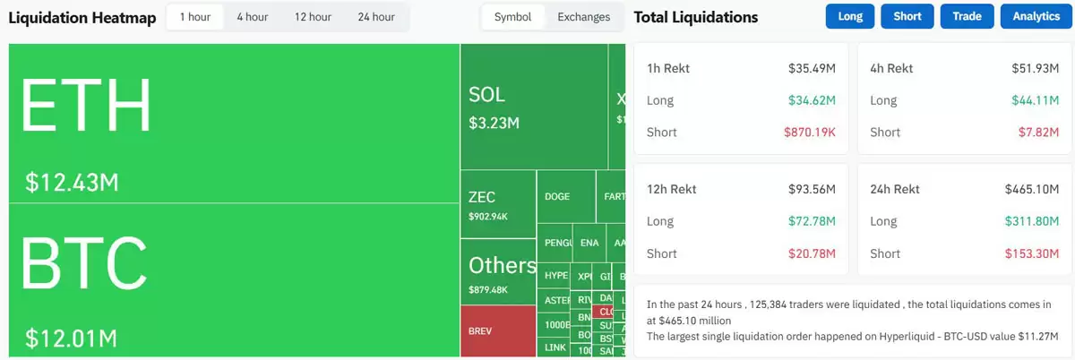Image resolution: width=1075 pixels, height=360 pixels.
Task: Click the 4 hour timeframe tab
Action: pyautogui.click(x=252, y=17)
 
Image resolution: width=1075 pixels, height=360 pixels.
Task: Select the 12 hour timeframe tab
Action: pyautogui.click(x=313, y=17)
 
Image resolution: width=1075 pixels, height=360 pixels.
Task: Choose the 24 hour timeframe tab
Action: pyautogui.click(x=375, y=17)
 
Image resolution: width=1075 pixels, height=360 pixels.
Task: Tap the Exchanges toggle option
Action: pyautogui.click(x=583, y=17)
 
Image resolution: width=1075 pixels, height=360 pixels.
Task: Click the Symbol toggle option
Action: pyautogui.click(x=512, y=17)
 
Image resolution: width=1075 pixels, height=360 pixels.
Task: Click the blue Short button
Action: pyautogui.click(x=907, y=17)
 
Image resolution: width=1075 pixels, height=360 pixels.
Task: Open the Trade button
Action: pyautogui.click(x=967, y=17)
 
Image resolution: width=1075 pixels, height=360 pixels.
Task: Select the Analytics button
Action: pyautogui.click(x=1036, y=17)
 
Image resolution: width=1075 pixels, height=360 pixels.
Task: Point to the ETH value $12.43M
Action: pyautogui.click(x=72, y=183)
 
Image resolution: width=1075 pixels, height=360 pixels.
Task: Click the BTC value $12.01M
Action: pyautogui.click(x=72, y=339)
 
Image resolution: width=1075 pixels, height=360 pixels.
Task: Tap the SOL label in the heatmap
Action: pyautogui.click(x=486, y=95)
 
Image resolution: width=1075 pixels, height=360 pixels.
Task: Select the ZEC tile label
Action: pyautogui.click(x=481, y=197)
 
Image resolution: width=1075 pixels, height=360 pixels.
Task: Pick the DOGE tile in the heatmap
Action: pyautogui.click(x=557, y=197)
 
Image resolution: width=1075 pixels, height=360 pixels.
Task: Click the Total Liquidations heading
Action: pyautogui.click(x=695, y=17)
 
